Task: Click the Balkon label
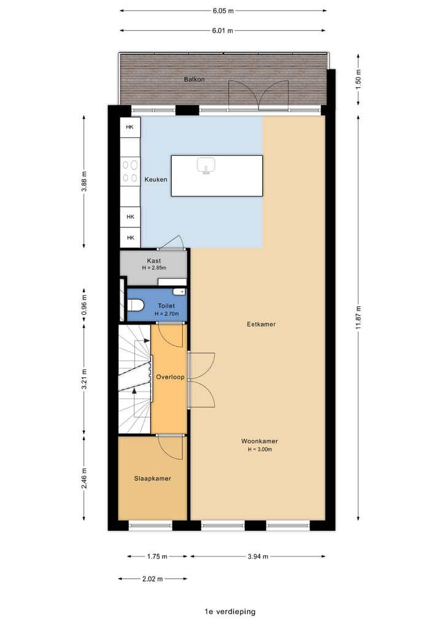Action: tap(195, 79)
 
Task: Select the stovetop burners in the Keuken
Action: tap(130, 171)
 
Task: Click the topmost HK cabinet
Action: tap(130, 128)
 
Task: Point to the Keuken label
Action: tap(156, 180)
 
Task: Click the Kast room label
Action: tap(153, 261)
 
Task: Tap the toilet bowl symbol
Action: tap(135, 305)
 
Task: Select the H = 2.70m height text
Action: tap(166, 314)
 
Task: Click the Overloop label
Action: tap(170, 377)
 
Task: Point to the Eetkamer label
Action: tap(262, 324)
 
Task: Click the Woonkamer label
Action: tap(260, 441)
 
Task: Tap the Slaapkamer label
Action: tap(152, 479)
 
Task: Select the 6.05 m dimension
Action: tap(223, 11)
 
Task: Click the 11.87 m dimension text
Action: tap(359, 317)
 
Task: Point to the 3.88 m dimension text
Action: tap(84, 182)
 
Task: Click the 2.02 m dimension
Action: tap(152, 579)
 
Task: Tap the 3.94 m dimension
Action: tap(258, 557)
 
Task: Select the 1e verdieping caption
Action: tap(230, 612)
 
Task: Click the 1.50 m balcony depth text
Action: tap(359, 79)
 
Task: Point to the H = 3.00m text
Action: tap(260, 449)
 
